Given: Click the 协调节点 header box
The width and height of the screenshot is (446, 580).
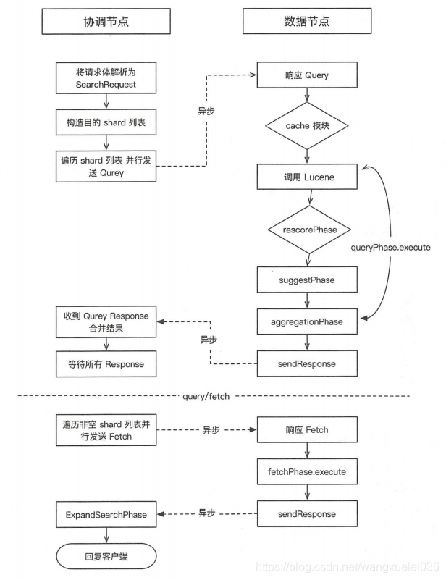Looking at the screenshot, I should point(106,22).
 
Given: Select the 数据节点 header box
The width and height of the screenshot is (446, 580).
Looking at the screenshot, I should point(308,22).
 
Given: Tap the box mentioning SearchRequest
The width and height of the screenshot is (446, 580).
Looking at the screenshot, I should point(106,77).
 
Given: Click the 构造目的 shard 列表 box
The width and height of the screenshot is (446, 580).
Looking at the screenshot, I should point(106,122).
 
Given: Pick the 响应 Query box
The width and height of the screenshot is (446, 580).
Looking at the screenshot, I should point(308,75).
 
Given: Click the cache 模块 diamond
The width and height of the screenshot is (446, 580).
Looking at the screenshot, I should point(308,125).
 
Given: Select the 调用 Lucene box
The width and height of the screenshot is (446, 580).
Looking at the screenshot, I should point(308,177).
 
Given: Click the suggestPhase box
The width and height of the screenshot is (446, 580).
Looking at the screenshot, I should point(308,280).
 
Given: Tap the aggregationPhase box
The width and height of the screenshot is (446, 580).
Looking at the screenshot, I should point(308,321).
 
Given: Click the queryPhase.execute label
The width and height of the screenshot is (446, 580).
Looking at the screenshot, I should point(391,248).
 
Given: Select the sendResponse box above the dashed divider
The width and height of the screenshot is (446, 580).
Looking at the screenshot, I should point(308,363).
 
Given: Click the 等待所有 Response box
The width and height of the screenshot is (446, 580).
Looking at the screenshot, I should point(106,363).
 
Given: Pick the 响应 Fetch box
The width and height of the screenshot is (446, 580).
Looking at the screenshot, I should point(308,429).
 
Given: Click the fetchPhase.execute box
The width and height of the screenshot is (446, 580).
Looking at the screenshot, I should point(308,472).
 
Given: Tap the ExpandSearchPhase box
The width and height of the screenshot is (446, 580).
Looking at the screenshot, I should point(106,515).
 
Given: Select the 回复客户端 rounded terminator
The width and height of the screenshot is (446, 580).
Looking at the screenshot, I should point(106,557).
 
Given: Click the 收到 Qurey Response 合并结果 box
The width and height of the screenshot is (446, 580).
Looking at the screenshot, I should point(106,321).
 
